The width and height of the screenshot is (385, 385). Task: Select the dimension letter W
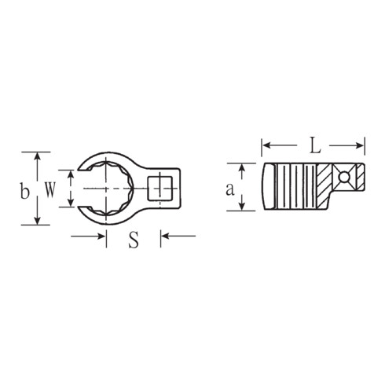[x=49, y=189]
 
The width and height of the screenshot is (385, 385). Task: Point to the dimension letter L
[x=314, y=146]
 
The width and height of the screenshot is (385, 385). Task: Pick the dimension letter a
[x=229, y=189]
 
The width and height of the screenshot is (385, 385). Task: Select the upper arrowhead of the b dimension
[x=36, y=156]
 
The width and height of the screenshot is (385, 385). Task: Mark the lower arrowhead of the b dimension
[x=36, y=221]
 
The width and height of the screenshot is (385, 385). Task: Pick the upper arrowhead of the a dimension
[x=244, y=167]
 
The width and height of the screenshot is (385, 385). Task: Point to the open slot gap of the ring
[x=84, y=189]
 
